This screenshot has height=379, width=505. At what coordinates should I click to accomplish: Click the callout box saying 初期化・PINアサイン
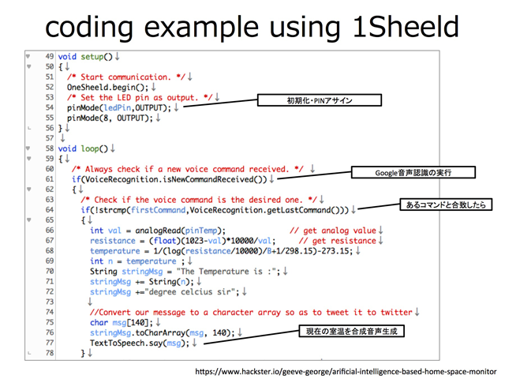tap(319, 101)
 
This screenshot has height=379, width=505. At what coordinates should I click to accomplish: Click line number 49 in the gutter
tap(50, 57)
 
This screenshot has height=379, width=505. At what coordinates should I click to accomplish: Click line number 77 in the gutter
tap(50, 343)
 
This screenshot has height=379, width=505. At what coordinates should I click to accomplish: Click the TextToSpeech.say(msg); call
tap(139, 343)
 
